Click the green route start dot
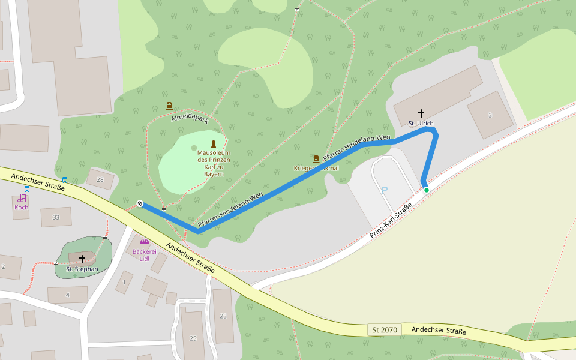(427, 190)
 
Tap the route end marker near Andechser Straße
(140, 203)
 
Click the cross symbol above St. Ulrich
(421, 113)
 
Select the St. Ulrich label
(421, 123)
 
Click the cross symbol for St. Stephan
(82, 259)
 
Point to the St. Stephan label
(82, 269)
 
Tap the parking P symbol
(385, 190)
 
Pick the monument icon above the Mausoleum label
(213, 143)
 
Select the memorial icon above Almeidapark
(169, 106)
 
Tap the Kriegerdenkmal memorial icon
(316, 158)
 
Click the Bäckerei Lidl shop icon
(144, 242)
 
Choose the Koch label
(22, 208)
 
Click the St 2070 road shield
(385, 330)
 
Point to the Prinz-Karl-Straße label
(391, 220)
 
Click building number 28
(100, 179)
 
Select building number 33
(56, 217)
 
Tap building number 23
(223, 316)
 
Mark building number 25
(193, 338)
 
